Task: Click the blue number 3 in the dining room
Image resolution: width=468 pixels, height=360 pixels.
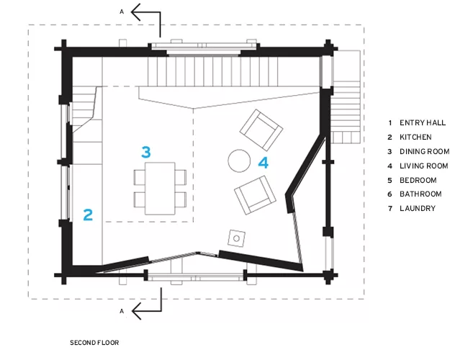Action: [146, 152]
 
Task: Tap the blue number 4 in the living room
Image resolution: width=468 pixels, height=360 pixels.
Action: [264, 163]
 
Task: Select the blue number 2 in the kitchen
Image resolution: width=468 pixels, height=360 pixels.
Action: [88, 215]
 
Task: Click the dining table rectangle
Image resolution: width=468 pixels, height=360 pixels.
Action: [160, 189]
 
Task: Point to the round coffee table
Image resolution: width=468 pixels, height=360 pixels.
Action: [239, 161]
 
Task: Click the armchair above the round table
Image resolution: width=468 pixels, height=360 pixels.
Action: [261, 130]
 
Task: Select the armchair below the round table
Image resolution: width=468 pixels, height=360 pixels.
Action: [255, 195]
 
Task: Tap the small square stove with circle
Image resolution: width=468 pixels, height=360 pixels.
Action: [237, 238]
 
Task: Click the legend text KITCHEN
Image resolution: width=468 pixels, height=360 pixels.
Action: [415, 137]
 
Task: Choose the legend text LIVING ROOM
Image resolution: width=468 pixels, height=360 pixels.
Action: [424, 166]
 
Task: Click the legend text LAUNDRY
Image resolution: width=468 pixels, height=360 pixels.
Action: [418, 208]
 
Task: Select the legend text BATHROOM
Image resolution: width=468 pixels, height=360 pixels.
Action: [420, 194]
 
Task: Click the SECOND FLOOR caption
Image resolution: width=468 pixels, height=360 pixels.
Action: [94, 343]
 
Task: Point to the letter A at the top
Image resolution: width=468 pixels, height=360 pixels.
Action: [122, 12]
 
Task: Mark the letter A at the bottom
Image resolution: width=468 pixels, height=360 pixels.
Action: [122, 311]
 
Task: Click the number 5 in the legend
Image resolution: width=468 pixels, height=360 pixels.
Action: [390, 180]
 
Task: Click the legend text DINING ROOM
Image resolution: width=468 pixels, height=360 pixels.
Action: [424, 152]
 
